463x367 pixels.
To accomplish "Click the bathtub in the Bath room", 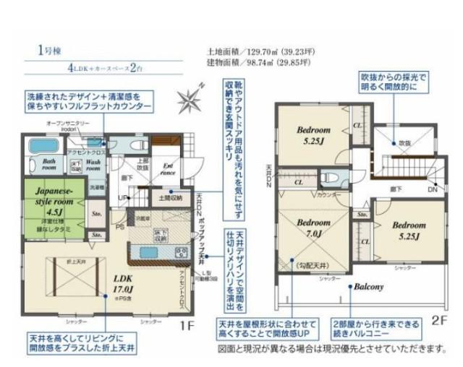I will tap(37, 147).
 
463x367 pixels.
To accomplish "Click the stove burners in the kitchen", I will tap(180, 251).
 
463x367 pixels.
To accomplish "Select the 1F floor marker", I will tap(188, 326).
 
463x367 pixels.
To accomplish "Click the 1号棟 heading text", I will tap(45, 51).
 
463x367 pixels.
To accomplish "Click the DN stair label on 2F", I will tap(432, 189).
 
